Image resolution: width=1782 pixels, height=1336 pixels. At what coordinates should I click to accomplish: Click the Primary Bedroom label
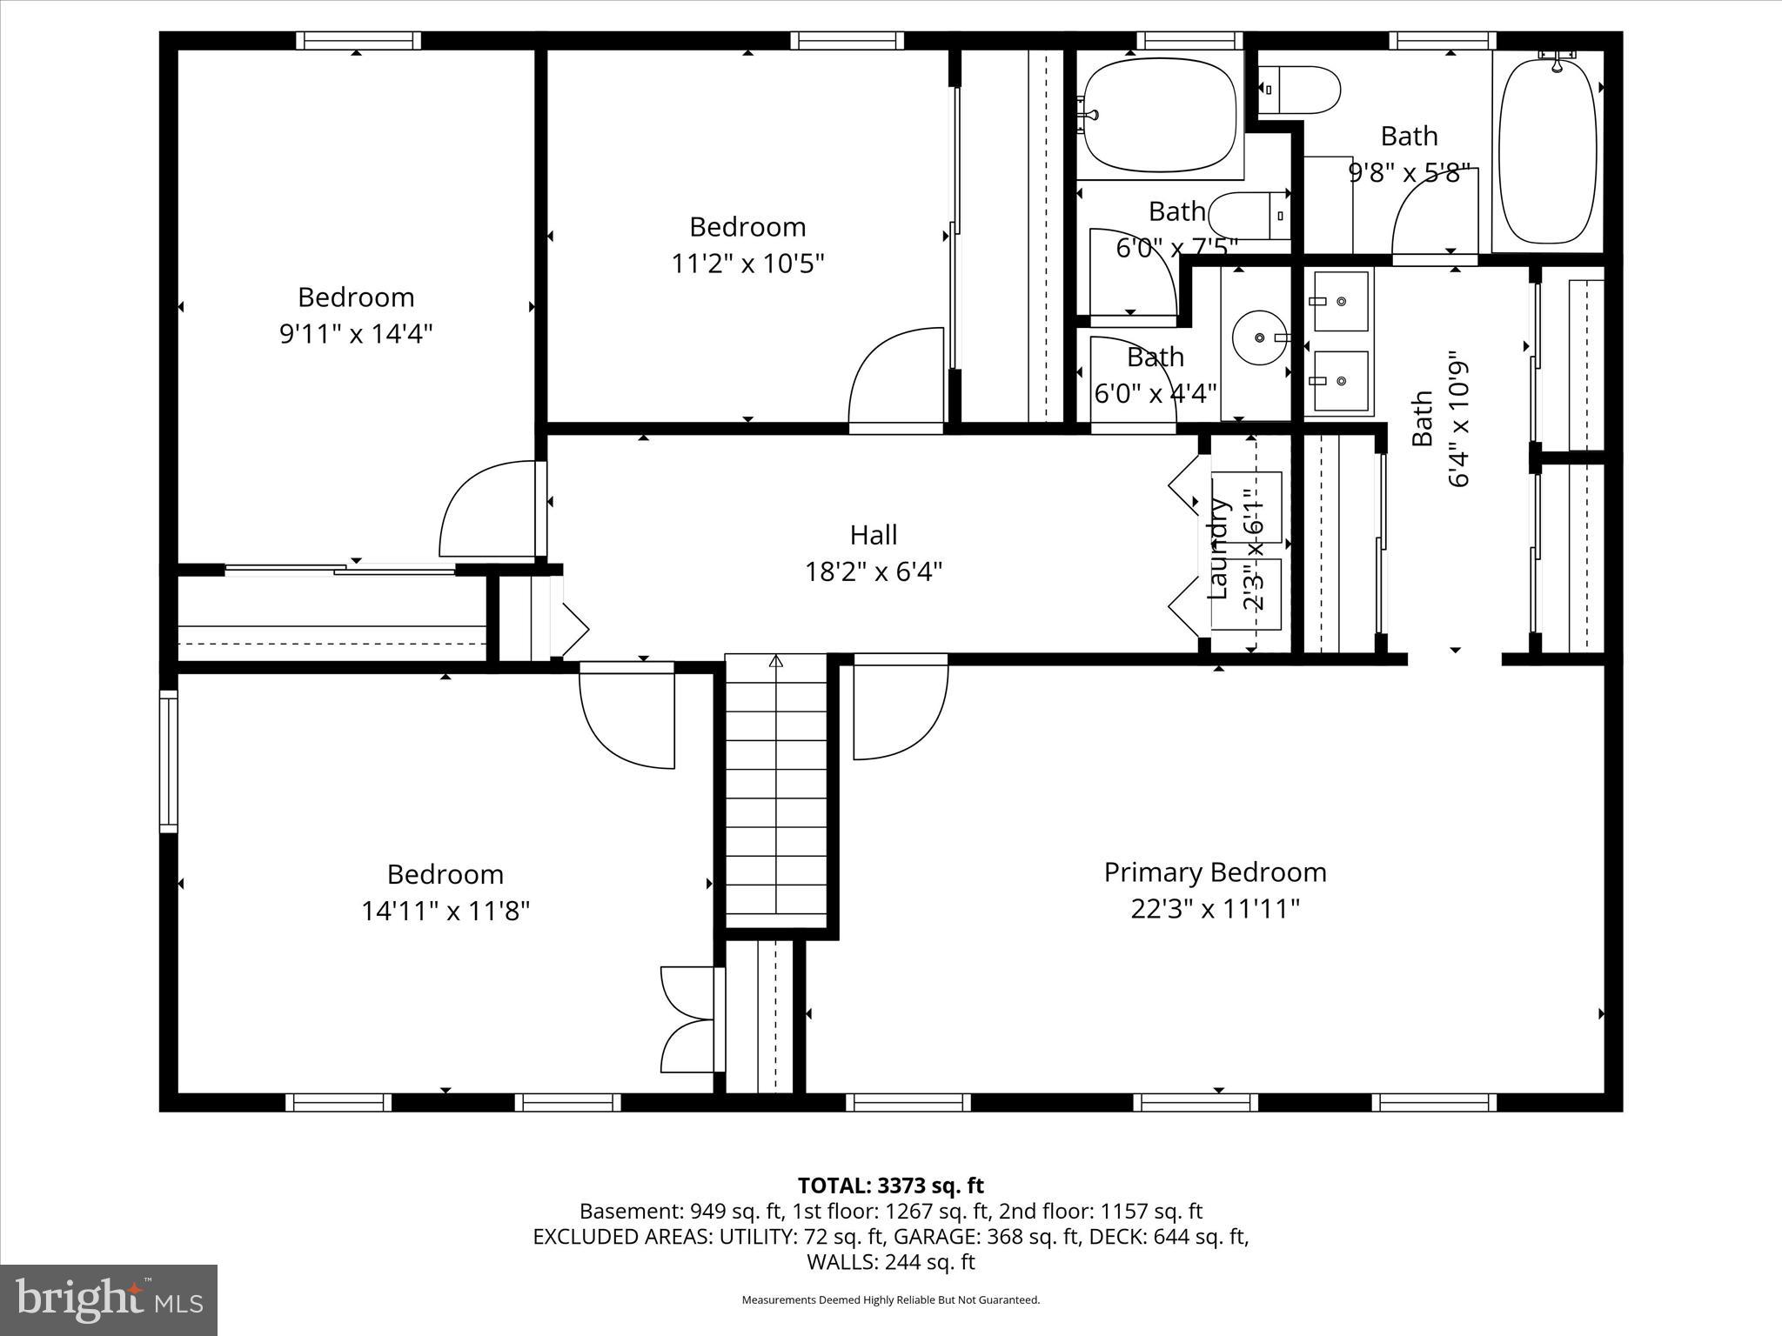[x=1215, y=872]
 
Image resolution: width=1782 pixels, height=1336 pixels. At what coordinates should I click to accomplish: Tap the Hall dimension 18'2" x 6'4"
[x=873, y=571]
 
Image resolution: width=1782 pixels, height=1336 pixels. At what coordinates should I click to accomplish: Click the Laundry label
[x=1219, y=547]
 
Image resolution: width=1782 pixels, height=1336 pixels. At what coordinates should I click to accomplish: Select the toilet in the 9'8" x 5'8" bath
[x=1303, y=90]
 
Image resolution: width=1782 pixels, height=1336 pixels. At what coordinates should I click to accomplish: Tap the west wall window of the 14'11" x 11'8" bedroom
[x=168, y=761]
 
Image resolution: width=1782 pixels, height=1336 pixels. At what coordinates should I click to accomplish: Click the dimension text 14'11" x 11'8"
[x=445, y=911]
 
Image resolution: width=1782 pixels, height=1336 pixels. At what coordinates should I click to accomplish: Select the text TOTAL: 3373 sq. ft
[x=890, y=1186]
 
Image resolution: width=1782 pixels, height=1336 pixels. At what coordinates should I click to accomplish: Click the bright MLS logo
[x=108, y=1299]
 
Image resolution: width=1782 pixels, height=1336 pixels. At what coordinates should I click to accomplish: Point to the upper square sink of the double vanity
[x=1340, y=301]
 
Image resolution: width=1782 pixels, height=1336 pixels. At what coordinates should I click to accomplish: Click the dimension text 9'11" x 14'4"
[x=355, y=333]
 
